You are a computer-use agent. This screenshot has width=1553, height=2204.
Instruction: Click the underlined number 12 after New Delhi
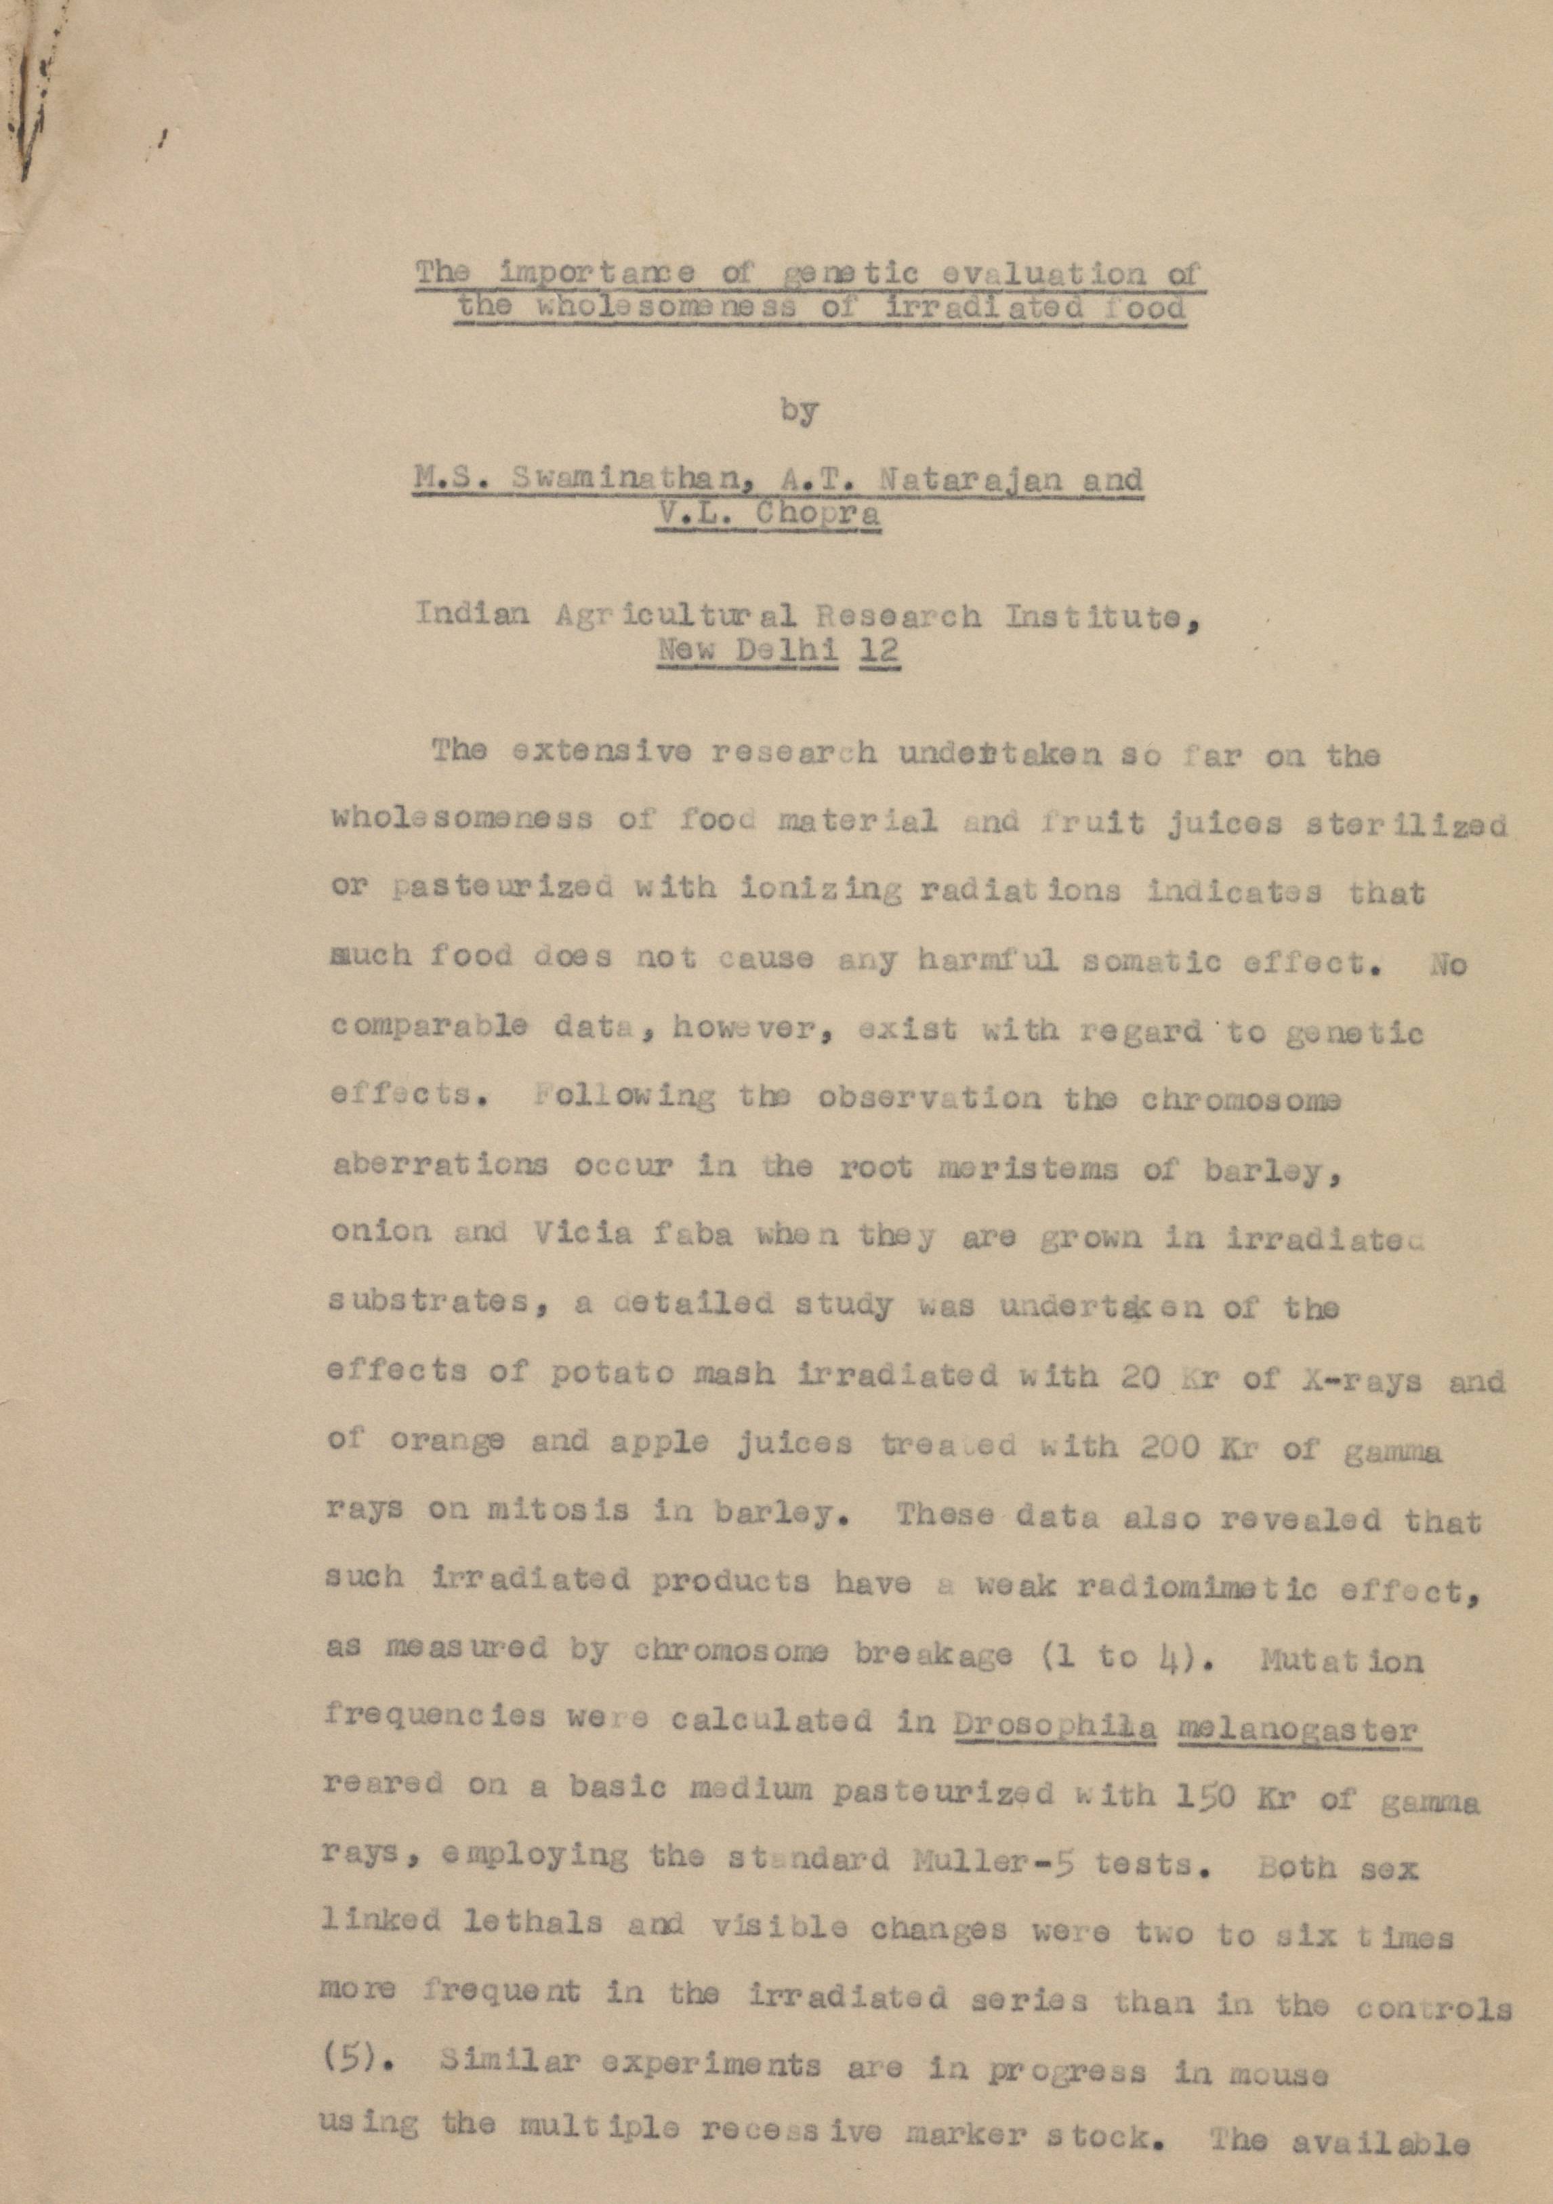pos(880,650)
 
